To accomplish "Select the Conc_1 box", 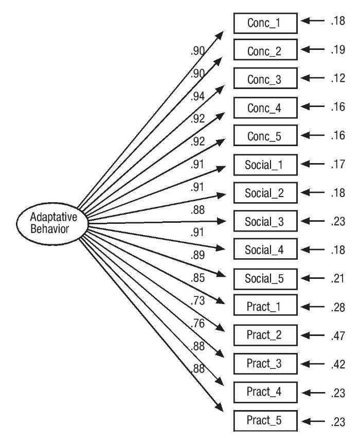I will (265, 24).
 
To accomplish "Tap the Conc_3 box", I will (265, 80).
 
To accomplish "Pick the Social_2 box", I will (265, 193).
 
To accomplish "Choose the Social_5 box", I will (265, 279).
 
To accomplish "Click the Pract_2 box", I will (265, 335).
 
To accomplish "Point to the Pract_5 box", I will (265, 421).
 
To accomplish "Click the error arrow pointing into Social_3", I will (312, 222).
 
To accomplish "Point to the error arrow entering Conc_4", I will (312, 108).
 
